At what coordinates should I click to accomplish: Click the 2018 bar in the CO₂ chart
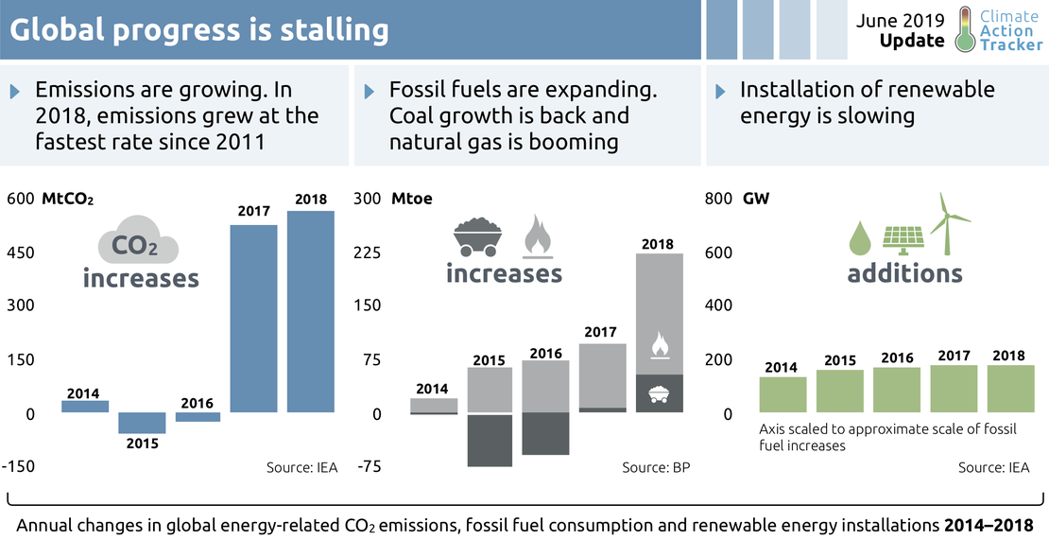click(x=311, y=312)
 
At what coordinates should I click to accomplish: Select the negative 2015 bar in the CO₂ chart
click(x=141, y=423)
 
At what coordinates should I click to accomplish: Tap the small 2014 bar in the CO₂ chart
click(x=85, y=407)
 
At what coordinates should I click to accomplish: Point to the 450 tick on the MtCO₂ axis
click(x=21, y=253)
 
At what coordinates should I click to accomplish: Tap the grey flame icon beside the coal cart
click(x=538, y=236)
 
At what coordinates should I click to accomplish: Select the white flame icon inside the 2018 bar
click(x=660, y=345)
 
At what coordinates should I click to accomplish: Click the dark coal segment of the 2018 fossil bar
click(x=660, y=392)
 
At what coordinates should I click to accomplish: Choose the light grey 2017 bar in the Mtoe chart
click(x=602, y=375)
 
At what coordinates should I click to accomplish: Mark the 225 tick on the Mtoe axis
click(x=367, y=253)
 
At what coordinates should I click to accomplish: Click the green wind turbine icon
click(x=951, y=223)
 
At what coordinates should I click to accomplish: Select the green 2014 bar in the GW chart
click(x=783, y=394)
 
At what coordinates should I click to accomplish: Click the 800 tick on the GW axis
click(x=719, y=200)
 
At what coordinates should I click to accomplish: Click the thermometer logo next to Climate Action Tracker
click(x=964, y=29)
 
